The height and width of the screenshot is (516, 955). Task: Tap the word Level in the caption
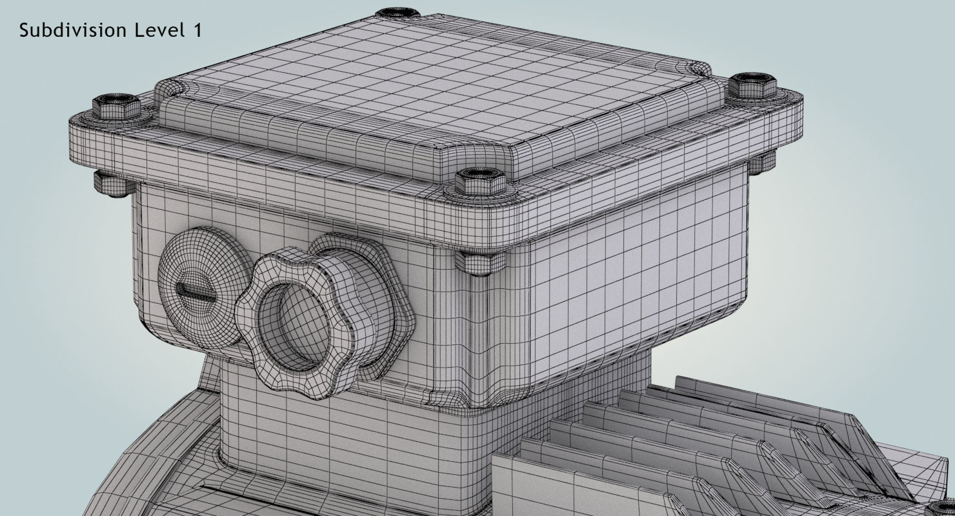(x=159, y=30)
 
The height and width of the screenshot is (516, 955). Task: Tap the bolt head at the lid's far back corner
(x=397, y=12)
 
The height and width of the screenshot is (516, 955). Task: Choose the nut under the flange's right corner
(x=762, y=162)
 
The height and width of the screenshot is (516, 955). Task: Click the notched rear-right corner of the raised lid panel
(x=700, y=68)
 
